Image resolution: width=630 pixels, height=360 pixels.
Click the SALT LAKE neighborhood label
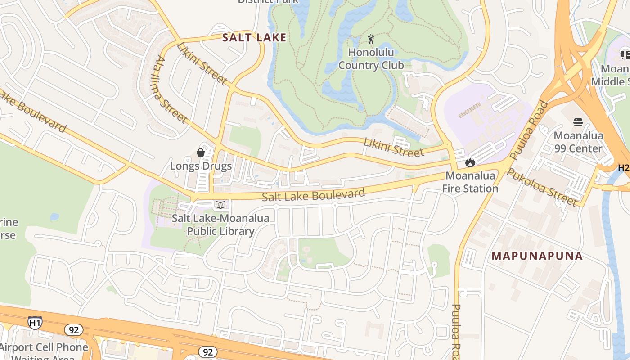254,37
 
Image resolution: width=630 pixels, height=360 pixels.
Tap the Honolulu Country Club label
371,59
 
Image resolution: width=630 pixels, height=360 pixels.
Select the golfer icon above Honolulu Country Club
371,40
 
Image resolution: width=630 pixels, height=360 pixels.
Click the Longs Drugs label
201,166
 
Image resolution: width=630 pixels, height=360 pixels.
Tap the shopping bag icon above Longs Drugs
201,153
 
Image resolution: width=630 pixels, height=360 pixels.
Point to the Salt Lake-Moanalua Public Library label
220,225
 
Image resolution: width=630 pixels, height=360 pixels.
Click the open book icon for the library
220,205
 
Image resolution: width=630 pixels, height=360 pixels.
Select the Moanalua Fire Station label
470,182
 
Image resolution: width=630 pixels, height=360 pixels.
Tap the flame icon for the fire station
470,162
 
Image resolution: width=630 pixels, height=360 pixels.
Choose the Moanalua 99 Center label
578,142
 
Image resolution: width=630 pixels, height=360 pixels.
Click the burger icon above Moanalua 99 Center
578,122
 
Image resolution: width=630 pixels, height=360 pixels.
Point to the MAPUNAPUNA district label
537,256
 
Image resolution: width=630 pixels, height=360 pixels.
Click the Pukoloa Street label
542,187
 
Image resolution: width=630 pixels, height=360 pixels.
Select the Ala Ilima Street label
171,89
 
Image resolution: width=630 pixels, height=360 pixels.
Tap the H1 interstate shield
35,322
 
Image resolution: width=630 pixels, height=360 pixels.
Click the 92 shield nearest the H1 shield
73,330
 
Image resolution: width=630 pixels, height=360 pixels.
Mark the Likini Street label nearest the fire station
394,148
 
